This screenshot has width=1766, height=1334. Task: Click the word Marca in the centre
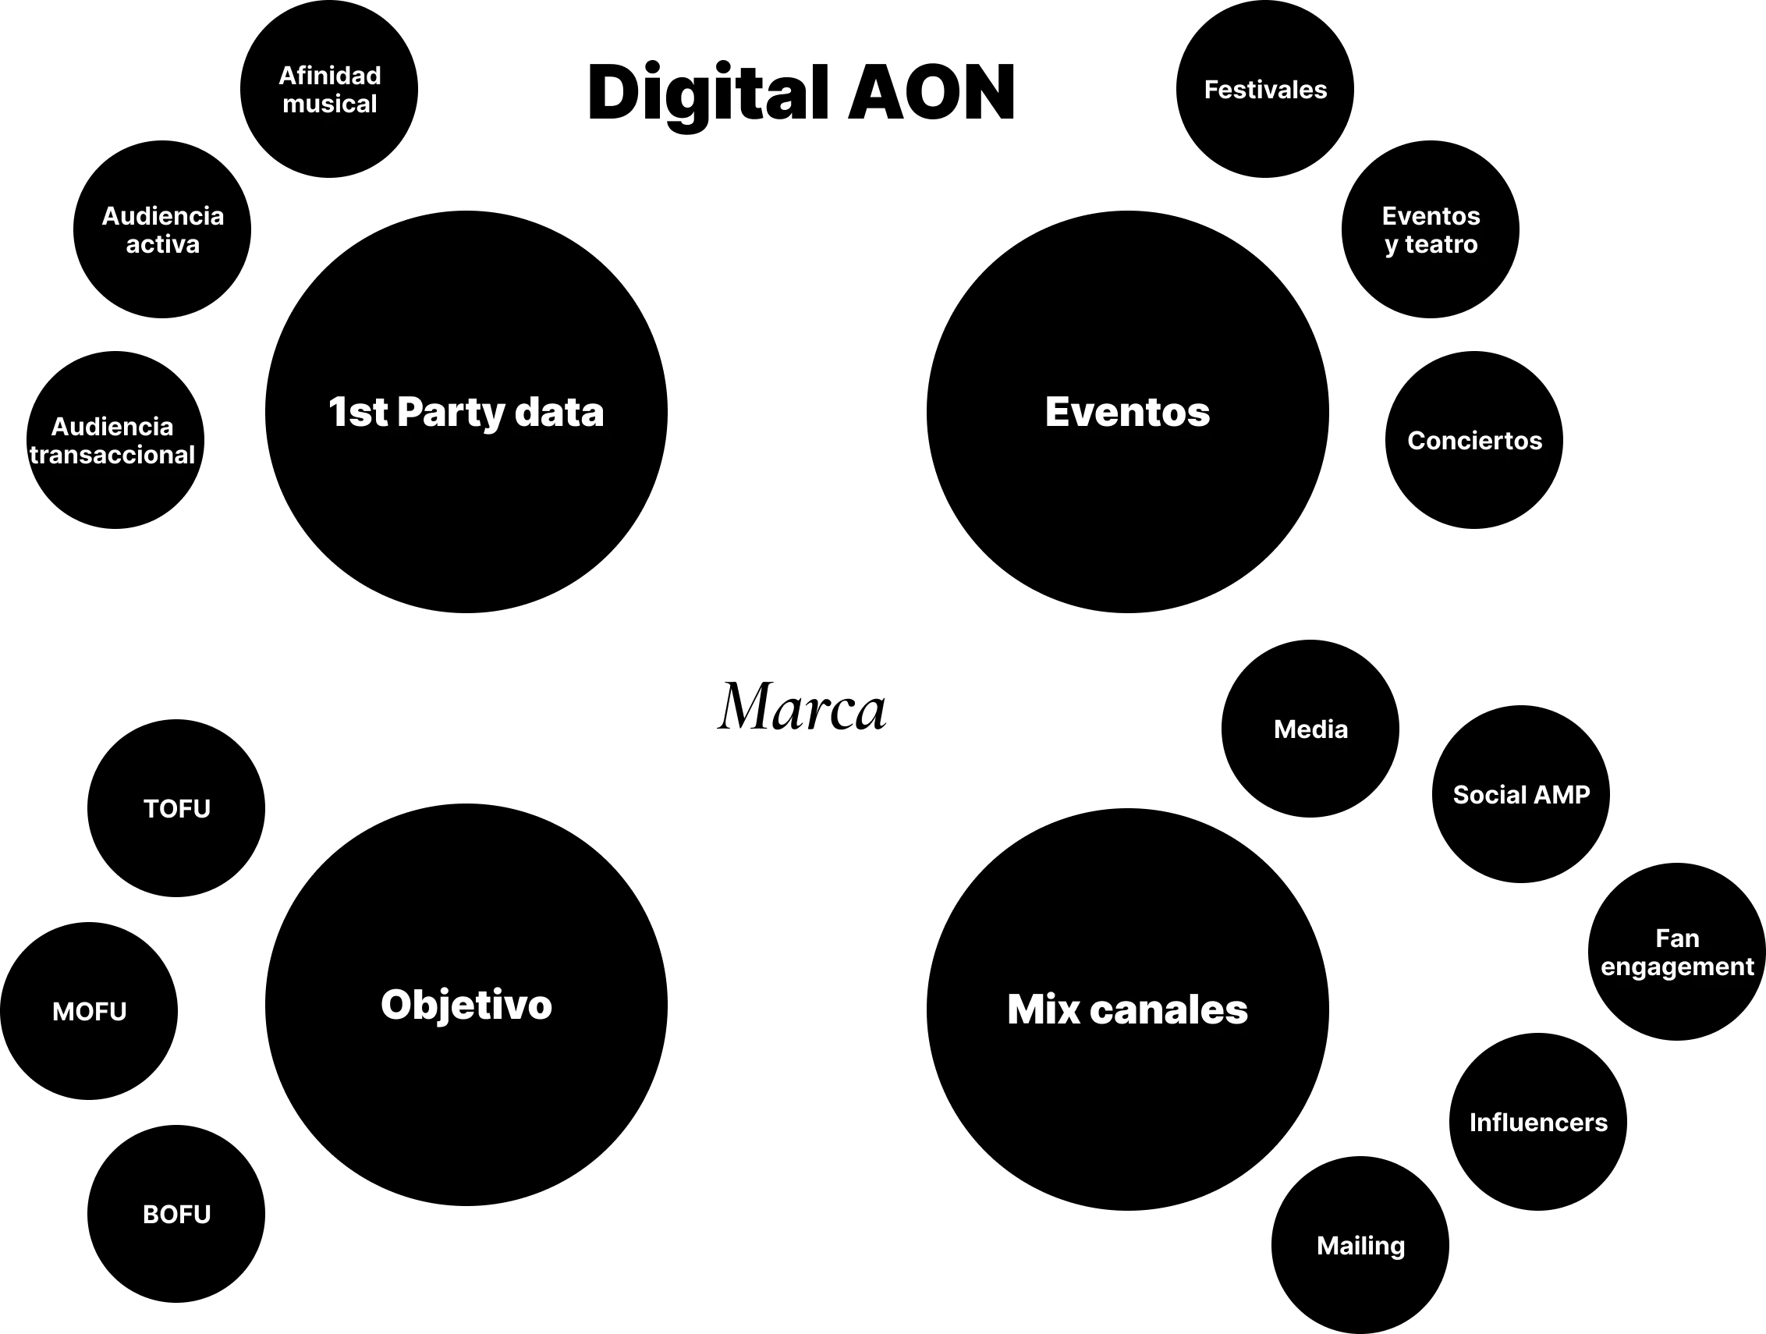[802, 708]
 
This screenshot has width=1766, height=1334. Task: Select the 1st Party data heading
[466, 412]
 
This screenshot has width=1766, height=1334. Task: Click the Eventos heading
[1127, 412]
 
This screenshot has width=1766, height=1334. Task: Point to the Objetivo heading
[466, 1004]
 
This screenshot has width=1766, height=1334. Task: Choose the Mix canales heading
[1127, 1009]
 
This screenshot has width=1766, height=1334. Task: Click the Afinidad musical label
[330, 90]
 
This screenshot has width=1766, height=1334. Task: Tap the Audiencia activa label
[163, 230]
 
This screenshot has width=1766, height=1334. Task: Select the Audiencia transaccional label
[112, 441]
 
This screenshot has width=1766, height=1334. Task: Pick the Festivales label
[1265, 90]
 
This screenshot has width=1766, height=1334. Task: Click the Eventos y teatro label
[1431, 230]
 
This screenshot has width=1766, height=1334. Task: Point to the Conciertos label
[1474, 441]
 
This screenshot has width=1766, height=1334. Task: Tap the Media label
[1310, 729]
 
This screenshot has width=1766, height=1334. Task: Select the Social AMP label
[1521, 794]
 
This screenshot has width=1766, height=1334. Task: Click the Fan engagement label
[1676, 953]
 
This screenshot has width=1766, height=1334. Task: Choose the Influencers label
[1538, 1123]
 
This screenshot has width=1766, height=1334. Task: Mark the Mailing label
[1360, 1245]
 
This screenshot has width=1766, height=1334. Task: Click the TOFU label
[177, 809]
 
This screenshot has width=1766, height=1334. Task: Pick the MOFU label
[90, 1012]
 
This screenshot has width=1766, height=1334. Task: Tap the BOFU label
[177, 1214]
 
